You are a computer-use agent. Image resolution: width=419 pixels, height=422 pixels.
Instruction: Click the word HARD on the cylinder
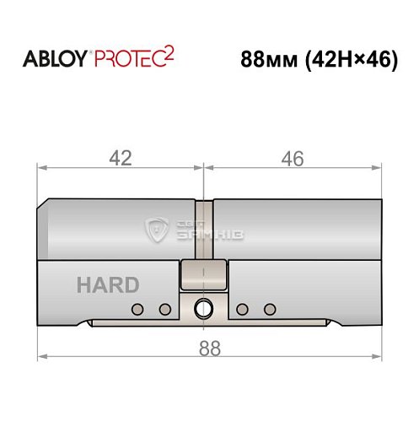click(x=107, y=285)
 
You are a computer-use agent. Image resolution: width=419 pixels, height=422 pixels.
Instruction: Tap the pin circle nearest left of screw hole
click(x=165, y=309)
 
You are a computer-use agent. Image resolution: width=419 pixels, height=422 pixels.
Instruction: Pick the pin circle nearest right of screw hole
click(x=241, y=309)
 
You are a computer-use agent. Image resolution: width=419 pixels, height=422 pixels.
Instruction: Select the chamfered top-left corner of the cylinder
click(x=44, y=206)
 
